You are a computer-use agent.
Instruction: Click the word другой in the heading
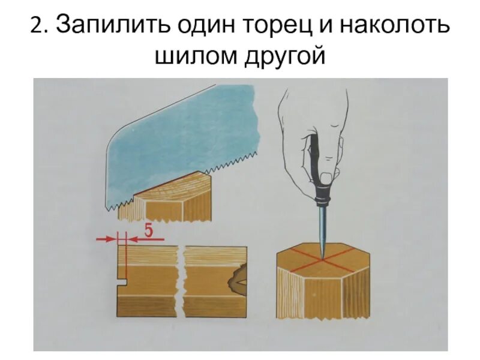(x=283, y=58)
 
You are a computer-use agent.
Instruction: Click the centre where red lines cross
(x=322, y=259)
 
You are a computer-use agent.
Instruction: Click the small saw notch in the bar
(x=122, y=280)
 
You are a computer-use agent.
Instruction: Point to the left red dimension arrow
(x=106, y=239)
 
